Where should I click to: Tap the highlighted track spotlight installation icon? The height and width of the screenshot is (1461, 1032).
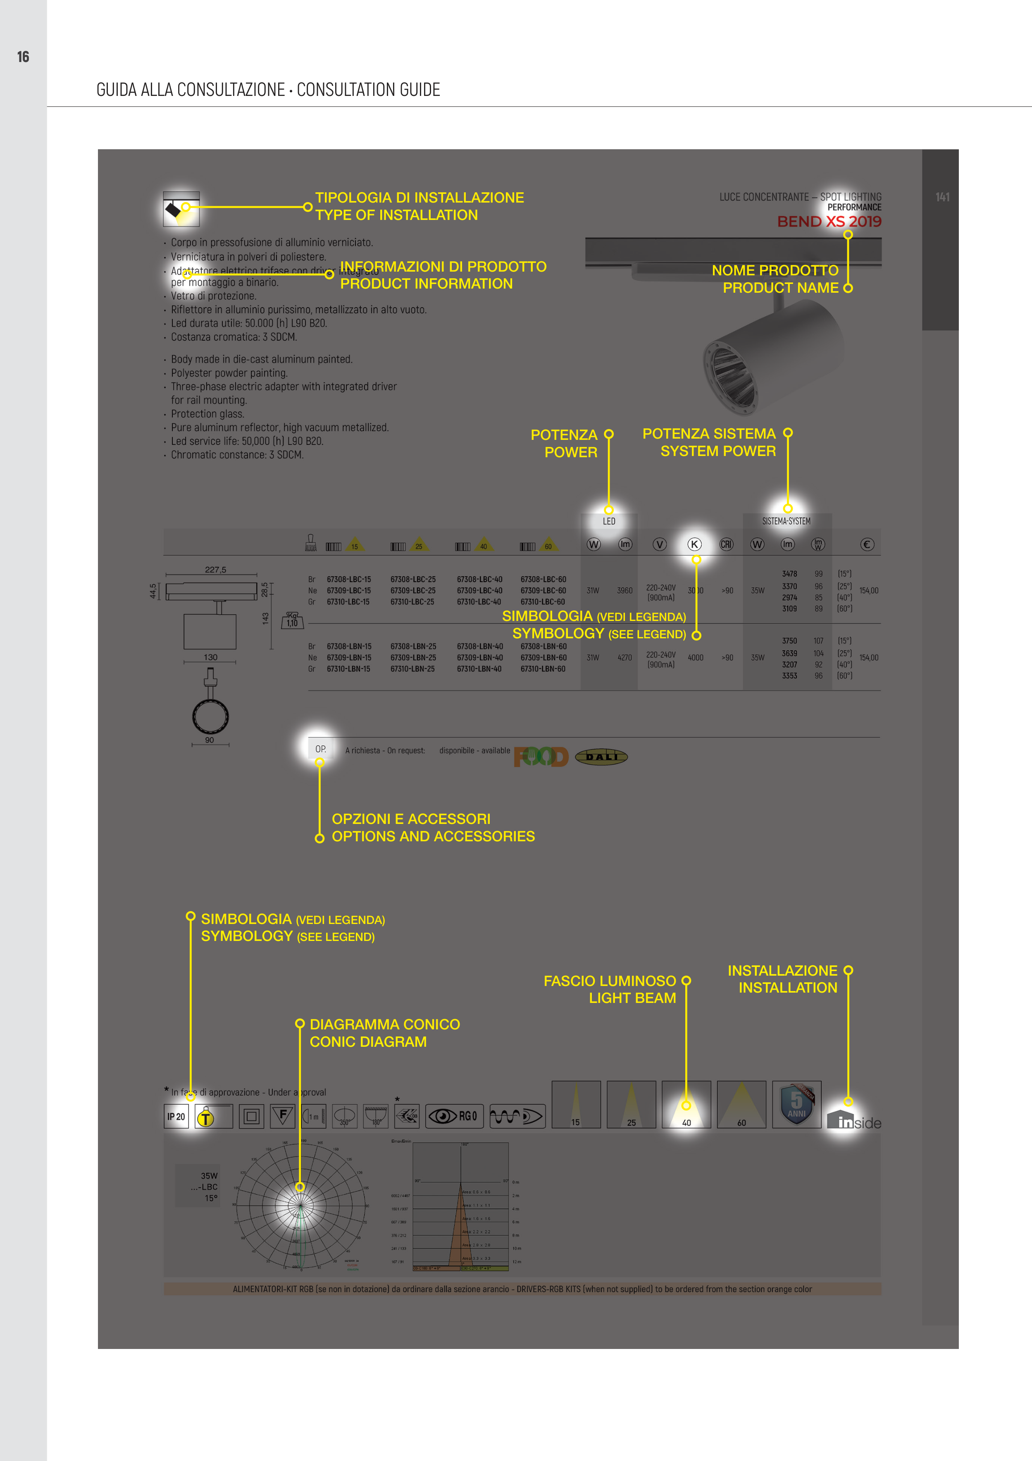(x=181, y=209)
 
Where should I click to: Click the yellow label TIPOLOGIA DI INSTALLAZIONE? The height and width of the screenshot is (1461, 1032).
(x=419, y=198)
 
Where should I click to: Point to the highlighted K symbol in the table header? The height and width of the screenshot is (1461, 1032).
(x=694, y=544)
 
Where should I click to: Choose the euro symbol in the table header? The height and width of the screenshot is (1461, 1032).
(x=867, y=544)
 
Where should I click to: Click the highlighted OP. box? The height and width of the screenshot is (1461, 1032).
(x=320, y=749)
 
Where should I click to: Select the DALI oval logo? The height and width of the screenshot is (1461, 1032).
(x=601, y=757)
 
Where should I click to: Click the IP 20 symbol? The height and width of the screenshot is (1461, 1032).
(x=176, y=1117)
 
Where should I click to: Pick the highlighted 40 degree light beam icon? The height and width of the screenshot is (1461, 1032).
(x=686, y=1105)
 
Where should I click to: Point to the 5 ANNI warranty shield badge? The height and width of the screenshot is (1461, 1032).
(x=796, y=1104)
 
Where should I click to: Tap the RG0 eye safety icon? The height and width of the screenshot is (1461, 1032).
(x=454, y=1116)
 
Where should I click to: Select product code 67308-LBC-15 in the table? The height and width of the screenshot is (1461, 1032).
(x=349, y=580)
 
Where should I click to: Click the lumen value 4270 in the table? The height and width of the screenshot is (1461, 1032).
(x=624, y=657)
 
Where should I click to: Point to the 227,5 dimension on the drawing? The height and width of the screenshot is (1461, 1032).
(x=215, y=570)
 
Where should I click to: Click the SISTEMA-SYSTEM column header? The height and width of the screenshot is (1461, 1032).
(x=787, y=521)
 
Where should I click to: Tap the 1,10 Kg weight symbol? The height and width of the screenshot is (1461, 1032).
(x=292, y=621)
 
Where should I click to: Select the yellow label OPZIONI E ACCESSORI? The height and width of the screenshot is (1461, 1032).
(x=411, y=819)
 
